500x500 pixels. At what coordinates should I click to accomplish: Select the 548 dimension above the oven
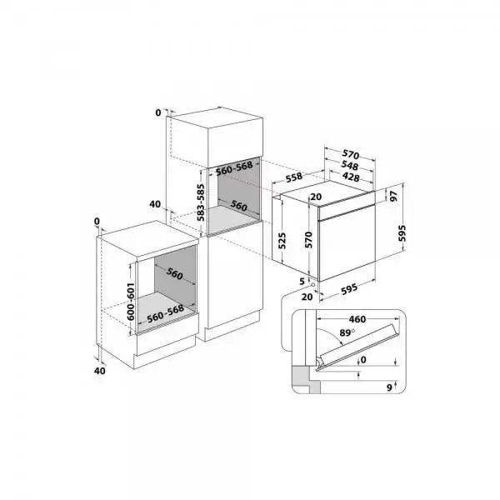(349, 165)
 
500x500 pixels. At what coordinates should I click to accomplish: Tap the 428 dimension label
(349, 177)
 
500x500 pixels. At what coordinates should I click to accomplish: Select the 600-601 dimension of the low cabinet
(131, 297)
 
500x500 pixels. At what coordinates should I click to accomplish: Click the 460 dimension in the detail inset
(357, 319)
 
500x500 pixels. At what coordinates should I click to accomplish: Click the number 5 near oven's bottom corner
(301, 281)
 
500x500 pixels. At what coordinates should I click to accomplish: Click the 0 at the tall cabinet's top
(157, 111)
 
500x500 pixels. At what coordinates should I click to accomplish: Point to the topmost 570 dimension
(349, 154)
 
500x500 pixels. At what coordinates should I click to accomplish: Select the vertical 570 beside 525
(307, 240)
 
